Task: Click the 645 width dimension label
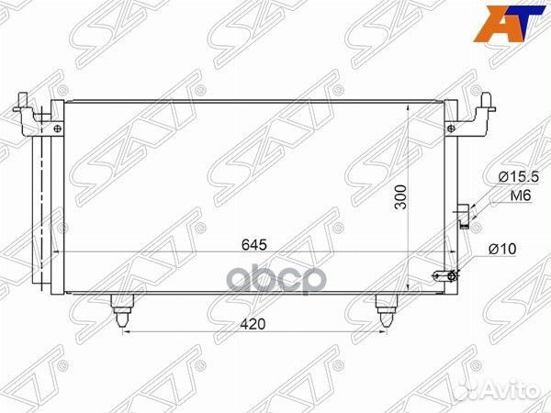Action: pyautogui.click(x=254, y=245)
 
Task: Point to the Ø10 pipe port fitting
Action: pyautogui.click(x=446, y=274)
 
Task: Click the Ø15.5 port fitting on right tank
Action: pyautogui.click(x=465, y=214)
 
